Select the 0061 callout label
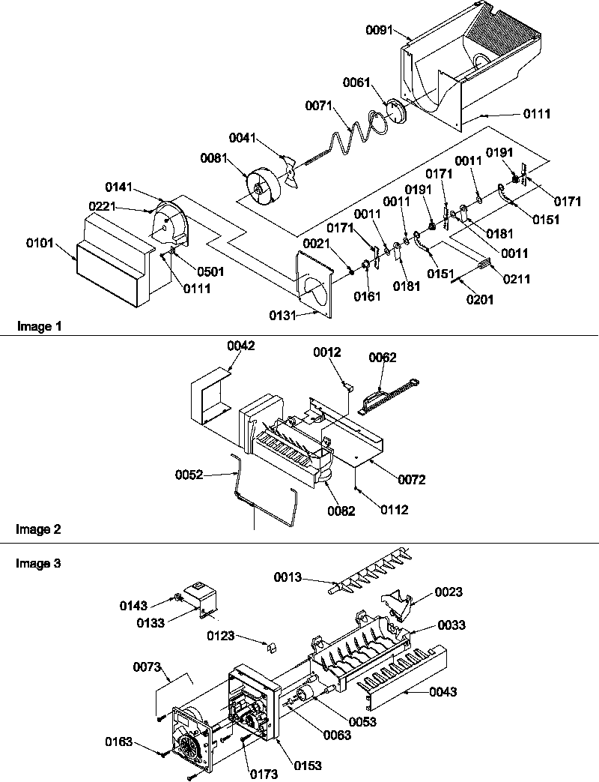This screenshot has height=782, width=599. pos(356,82)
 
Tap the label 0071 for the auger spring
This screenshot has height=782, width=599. pos(317,106)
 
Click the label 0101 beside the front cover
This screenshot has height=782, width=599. pos(39,244)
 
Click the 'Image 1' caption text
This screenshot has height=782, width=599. pos(38,326)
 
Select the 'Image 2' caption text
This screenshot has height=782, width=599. pos(38,529)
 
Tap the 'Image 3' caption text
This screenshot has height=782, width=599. pos(38,563)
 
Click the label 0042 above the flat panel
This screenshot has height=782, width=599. pos(242,346)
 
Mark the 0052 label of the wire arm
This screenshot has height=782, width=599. pos(189,474)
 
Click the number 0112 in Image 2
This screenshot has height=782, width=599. pos(395,510)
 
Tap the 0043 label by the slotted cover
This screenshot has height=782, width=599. pos(443,692)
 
